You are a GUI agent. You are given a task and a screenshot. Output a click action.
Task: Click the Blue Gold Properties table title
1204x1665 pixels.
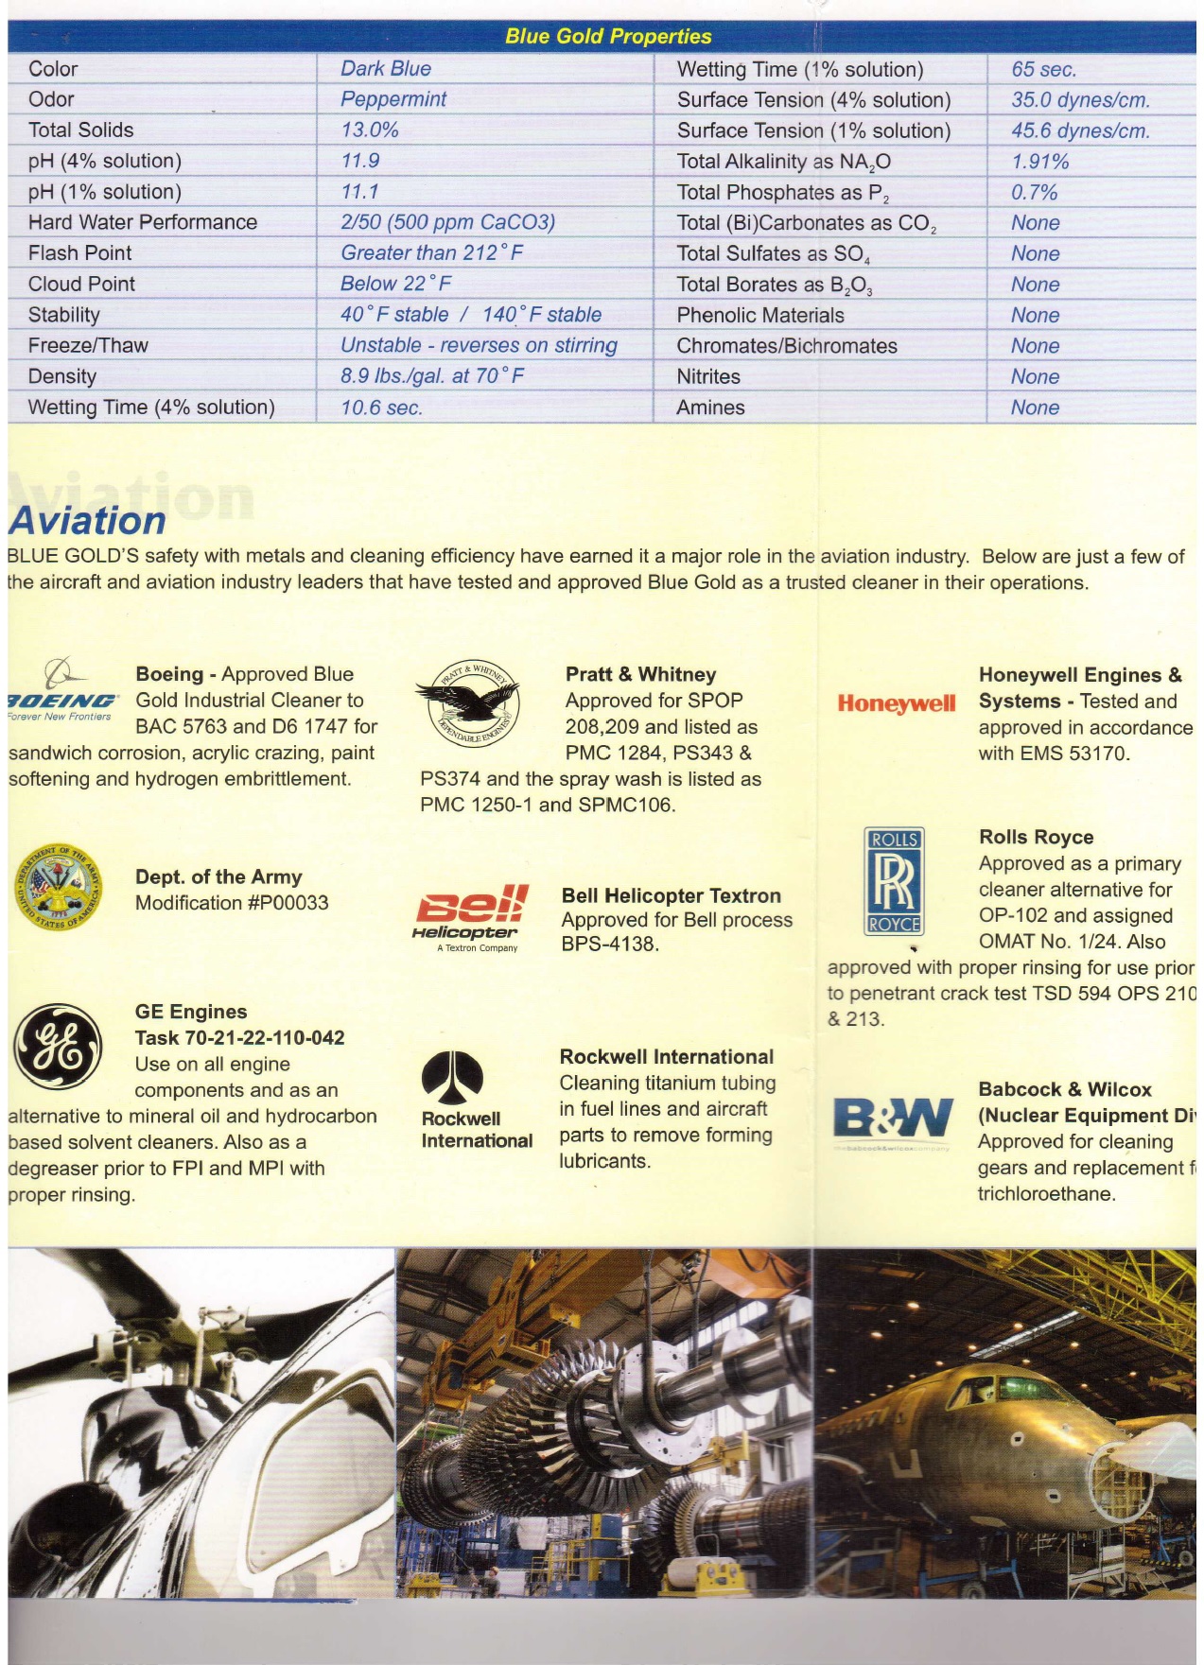tap(608, 37)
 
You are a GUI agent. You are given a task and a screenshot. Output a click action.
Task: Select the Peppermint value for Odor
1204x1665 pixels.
tap(393, 99)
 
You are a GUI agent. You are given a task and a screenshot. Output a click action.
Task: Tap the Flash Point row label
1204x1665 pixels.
tap(80, 253)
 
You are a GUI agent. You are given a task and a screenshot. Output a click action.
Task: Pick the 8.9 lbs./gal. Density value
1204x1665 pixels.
tap(432, 376)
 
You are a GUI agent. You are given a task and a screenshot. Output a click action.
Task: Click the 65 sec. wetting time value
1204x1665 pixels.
tap(1044, 69)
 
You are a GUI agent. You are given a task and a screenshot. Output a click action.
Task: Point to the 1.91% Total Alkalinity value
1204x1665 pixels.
tap(1040, 162)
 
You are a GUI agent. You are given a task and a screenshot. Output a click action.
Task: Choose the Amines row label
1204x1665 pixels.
tap(711, 408)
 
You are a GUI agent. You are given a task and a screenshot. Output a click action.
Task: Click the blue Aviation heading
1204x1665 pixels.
tap(88, 521)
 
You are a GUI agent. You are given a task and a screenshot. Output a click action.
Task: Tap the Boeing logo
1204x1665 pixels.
tap(62, 690)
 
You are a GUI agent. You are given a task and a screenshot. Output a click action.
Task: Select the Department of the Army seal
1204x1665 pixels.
tap(58, 887)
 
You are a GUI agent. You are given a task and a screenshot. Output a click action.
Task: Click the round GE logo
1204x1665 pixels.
tap(57, 1047)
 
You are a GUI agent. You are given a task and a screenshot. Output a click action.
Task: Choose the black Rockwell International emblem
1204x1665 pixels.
tap(452, 1077)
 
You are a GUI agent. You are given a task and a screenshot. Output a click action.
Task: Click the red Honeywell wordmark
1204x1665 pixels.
tap(897, 703)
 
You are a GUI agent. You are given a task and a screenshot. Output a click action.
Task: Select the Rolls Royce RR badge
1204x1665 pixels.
tap(894, 881)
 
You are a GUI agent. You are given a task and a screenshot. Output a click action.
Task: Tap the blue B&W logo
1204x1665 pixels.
tap(892, 1119)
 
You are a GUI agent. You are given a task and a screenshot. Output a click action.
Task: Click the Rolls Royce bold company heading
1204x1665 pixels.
tap(1036, 838)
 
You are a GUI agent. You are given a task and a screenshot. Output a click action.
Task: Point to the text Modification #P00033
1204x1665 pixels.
tap(232, 903)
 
